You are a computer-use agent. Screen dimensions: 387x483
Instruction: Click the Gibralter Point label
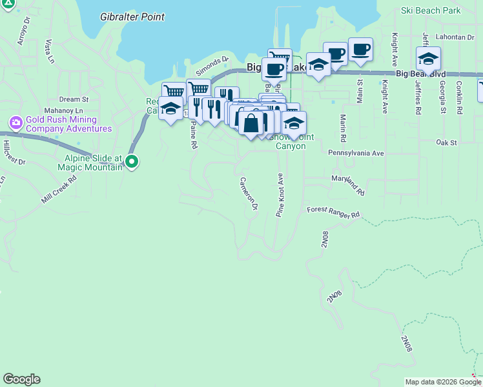click(x=132, y=17)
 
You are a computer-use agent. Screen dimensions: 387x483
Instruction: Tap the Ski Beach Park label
click(x=430, y=10)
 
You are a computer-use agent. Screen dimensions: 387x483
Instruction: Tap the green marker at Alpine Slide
click(x=132, y=161)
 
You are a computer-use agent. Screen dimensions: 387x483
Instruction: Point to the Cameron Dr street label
click(x=249, y=193)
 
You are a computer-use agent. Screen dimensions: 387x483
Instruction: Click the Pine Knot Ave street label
click(x=280, y=194)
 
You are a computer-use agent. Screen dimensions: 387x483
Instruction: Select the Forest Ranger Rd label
click(x=333, y=212)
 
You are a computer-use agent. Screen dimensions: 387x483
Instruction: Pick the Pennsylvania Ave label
click(x=356, y=154)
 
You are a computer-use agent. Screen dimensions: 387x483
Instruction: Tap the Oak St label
click(x=446, y=142)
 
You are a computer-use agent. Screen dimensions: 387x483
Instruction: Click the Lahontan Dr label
click(x=455, y=37)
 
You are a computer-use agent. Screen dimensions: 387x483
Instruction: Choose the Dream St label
click(x=74, y=99)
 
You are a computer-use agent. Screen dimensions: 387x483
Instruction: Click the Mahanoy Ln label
click(x=60, y=110)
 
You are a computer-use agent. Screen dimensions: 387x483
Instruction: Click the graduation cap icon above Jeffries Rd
click(x=428, y=59)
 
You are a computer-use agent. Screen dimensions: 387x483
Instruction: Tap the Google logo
click(x=21, y=379)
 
